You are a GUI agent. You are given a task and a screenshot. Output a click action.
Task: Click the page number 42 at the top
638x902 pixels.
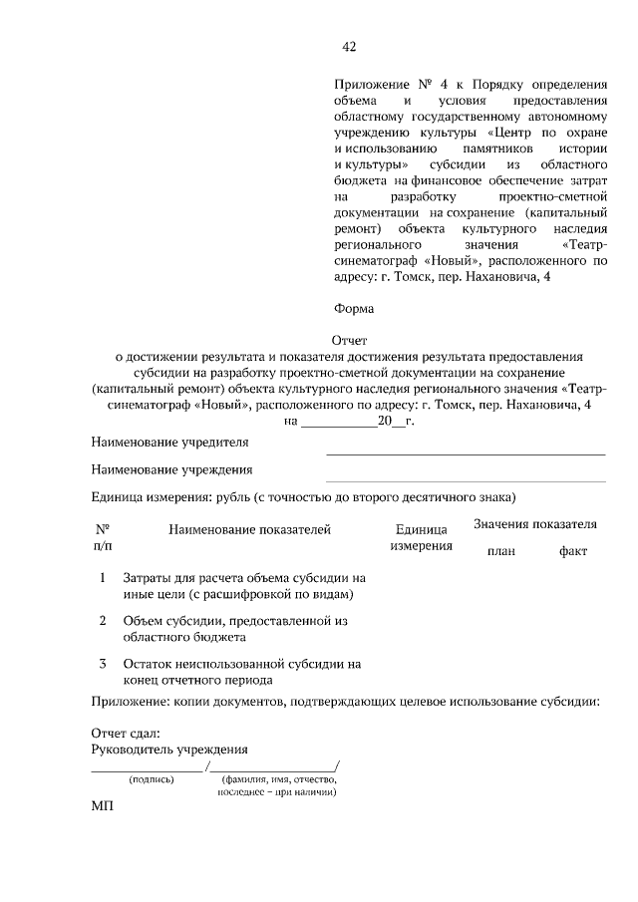click(x=349, y=47)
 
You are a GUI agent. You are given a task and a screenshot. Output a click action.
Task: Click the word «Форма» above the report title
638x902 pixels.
click(x=353, y=308)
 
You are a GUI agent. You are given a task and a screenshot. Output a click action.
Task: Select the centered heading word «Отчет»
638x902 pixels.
click(x=349, y=340)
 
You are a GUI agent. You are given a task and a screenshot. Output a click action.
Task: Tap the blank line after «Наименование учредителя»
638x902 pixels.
click(x=466, y=453)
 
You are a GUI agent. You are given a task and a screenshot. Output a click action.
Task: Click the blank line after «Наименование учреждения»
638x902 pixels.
click(x=466, y=480)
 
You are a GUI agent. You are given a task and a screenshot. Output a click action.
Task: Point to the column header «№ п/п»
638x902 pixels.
click(x=103, y=538)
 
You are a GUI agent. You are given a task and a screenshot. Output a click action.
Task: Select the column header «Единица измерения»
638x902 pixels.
click(x=421, y=538)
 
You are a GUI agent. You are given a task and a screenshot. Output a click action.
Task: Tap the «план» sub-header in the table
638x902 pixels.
click(x=500, y=551)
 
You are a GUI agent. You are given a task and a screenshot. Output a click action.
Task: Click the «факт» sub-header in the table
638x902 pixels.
click(x=573, y=551)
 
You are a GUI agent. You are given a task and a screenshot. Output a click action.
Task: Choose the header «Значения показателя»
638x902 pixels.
click(x=534, y=524)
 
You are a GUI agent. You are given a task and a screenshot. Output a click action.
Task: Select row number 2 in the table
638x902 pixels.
click(x=103, y=620)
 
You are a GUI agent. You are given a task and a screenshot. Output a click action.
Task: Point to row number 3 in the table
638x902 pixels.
click(x=103, y=663)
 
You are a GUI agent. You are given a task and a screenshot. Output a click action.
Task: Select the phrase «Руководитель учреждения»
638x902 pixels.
click(x=169, y=750)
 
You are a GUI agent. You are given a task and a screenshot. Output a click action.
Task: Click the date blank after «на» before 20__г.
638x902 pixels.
click(x=338, y=423)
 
